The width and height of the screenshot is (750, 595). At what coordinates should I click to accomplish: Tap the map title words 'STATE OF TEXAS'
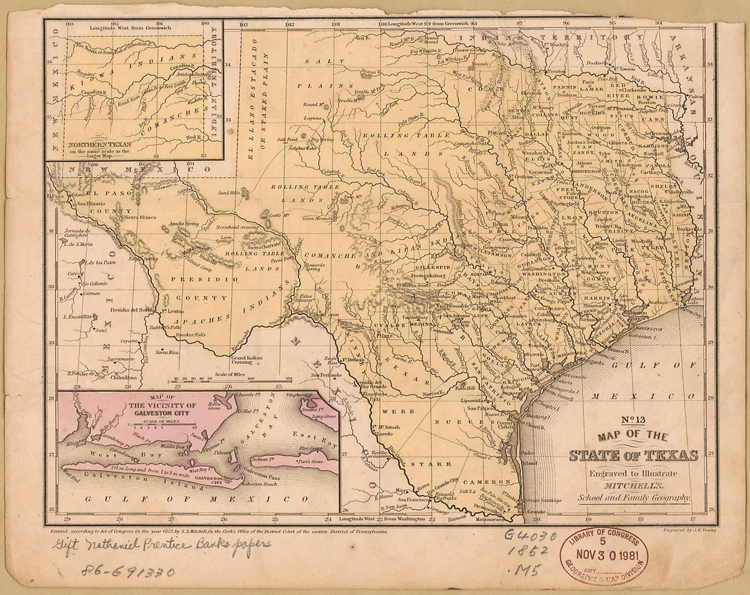(633, 455)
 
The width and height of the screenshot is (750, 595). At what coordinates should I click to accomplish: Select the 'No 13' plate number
(634, 420)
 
